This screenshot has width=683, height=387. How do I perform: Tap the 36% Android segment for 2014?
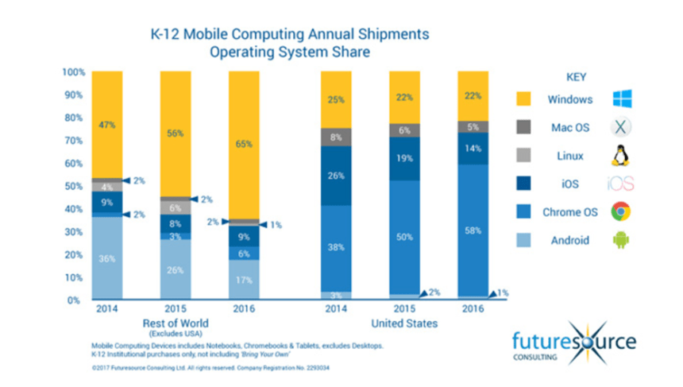(x=107, y=257)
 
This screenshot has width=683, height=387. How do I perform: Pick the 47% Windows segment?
(x=107, y=125)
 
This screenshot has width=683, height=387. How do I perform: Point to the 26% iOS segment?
(x=334, y=176)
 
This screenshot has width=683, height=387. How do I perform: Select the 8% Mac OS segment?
(x=334, y=137)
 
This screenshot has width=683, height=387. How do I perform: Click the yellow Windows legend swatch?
(x=524, y=100)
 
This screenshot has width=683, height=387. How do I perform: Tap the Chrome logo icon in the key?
(x=621, y=211)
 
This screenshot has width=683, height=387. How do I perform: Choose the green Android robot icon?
(x=621, y=239)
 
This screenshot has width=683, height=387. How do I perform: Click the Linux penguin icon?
(x=621, y=156)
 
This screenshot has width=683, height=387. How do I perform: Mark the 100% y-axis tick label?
(x=72, y=72)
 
